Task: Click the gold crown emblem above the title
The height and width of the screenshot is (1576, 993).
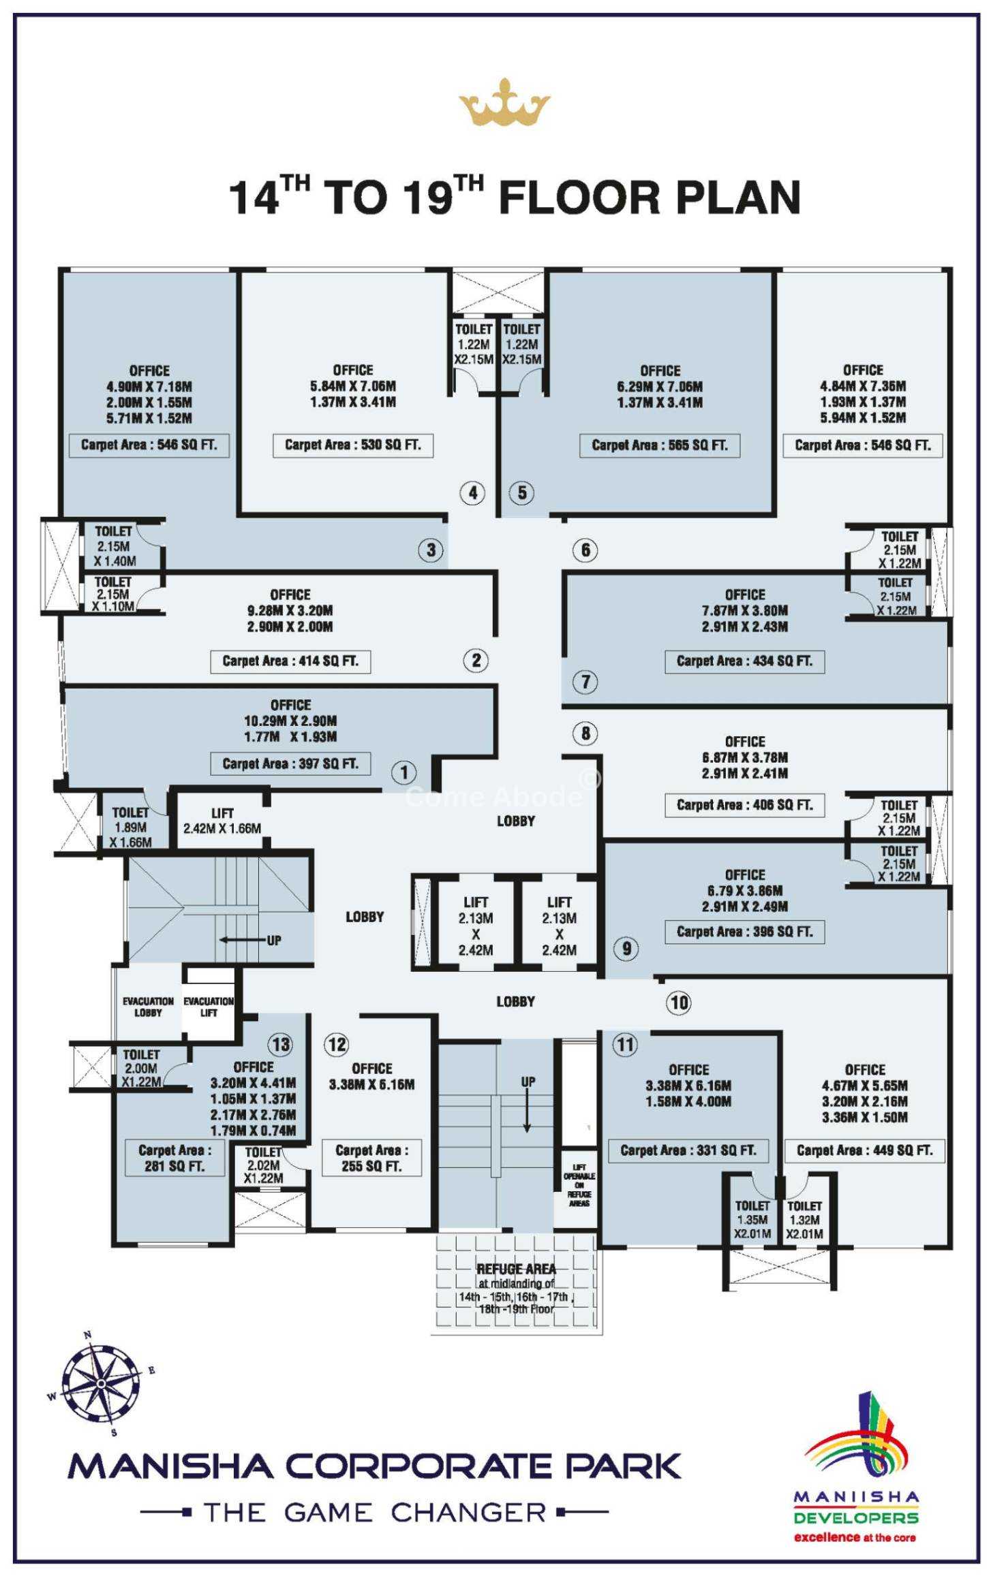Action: coord(504,104)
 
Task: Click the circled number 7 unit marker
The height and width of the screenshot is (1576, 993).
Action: coord(585,682)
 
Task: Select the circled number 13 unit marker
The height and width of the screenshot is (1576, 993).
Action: coord(281,1045)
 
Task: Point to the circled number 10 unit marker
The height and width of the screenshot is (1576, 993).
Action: coord(679,1003)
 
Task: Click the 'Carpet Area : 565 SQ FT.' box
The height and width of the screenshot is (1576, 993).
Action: coord(659,445)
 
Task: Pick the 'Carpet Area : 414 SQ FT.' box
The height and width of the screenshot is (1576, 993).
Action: coord(290,661)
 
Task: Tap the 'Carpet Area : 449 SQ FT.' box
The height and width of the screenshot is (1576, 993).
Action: coord(864,1150)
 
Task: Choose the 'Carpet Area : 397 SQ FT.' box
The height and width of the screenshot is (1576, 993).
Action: coord(290,763)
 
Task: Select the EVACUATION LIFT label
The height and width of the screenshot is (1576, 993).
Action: coord(209,1007)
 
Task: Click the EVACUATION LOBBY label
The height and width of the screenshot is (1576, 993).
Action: coord(148,1007)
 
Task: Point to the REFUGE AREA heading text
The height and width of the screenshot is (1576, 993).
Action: coord(516,1269)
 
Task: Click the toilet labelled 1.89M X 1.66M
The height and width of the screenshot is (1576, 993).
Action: coord(131,827)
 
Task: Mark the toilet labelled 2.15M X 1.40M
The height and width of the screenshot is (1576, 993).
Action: coord(114,546)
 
